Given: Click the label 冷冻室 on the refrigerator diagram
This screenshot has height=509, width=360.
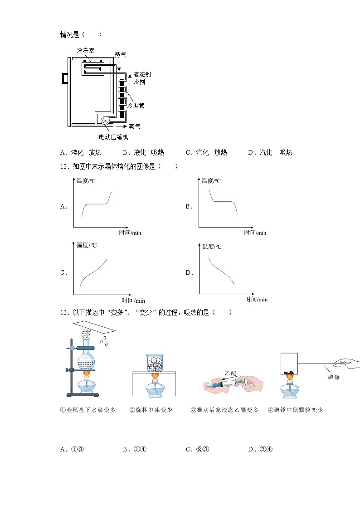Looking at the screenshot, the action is click(x=85, y=51).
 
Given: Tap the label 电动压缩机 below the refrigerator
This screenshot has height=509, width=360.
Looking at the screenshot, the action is click(x=117, y=137).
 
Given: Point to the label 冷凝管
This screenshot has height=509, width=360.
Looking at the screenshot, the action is click(x=136, y=106).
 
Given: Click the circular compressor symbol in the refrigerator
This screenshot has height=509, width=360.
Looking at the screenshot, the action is click(x=105, y=121).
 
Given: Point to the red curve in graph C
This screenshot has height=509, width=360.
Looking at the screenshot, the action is click(x=93, y=272).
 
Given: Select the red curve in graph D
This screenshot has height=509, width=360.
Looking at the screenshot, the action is click(x=221, y=271).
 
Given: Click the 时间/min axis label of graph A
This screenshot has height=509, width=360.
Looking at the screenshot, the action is click(x=130, y=233).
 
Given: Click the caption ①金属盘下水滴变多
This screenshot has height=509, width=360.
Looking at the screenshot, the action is click(x=88, y=410).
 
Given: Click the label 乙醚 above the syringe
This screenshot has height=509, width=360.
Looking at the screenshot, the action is click(x=231, y=373).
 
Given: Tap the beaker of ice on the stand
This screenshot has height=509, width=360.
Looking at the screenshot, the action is click(x=155, y=363).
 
